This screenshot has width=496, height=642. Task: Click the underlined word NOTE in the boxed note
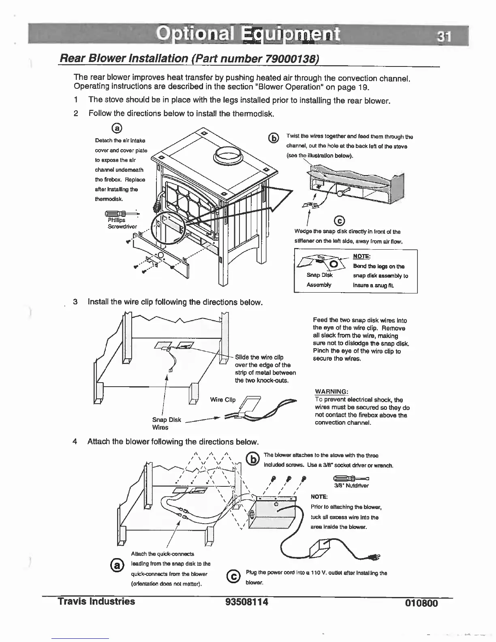click(x=361, y=256)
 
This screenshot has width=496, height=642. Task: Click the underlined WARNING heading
click(x=331, y=392)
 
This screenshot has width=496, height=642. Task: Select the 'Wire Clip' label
click(x=222, y=400)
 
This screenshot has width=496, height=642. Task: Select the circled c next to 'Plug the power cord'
click(x=233, y=576)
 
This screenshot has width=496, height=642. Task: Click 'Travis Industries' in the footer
click(x=96, y=601)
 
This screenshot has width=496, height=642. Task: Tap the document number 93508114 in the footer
click(x=247, y=602)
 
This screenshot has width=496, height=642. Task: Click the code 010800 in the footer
click(x=421, y=603)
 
